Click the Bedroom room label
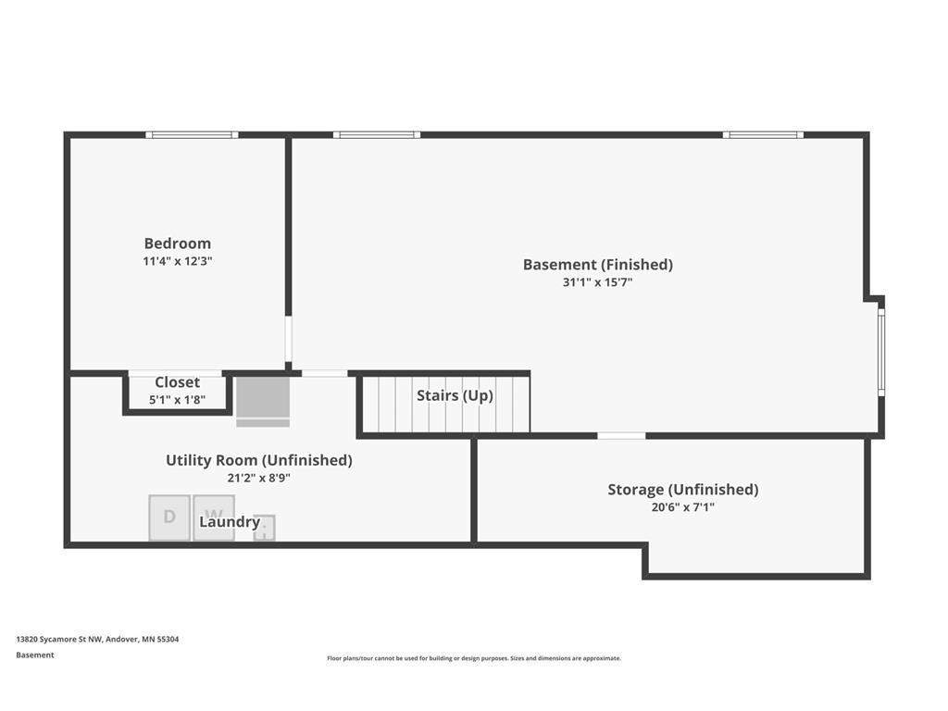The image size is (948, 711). pos(177,243)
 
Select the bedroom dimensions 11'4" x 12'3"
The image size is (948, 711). pos(177,261)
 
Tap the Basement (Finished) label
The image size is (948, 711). pos(597,264)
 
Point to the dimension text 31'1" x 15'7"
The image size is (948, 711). pos(597,281)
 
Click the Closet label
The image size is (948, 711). pos(177,382)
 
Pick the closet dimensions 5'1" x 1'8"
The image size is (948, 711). pos(177,400)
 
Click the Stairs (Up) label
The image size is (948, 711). pos(455,395)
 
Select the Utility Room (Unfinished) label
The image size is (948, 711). pos(259,460)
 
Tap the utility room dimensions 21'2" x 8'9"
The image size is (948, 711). pos(259,478)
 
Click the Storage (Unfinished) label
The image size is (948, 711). pos(682,489)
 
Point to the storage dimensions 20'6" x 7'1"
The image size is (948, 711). pos(682,507)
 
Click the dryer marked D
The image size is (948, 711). pos(169,518)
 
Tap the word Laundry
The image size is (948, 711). pos(230,522)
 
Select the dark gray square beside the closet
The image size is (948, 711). pos(262,397)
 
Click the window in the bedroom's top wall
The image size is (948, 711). pos(192,135)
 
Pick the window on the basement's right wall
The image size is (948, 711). pos(881,352)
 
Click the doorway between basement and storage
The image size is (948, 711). pos(621,435)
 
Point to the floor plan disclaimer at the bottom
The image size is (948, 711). pos(474,658)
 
